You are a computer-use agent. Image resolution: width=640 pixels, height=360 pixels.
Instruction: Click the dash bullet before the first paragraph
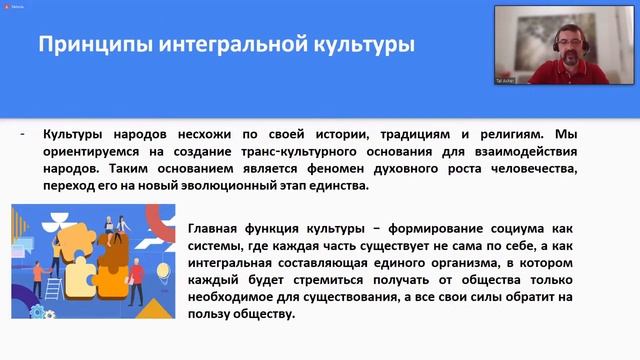tap(23, 133)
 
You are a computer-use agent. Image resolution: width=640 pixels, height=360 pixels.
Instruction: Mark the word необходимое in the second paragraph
tap(241, 299)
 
